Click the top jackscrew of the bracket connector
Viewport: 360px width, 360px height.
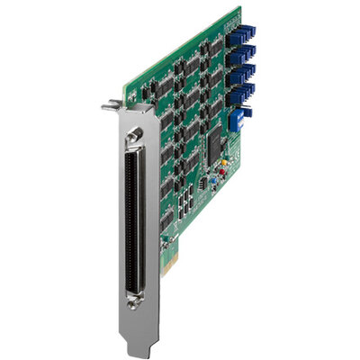(x=135, y=133)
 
